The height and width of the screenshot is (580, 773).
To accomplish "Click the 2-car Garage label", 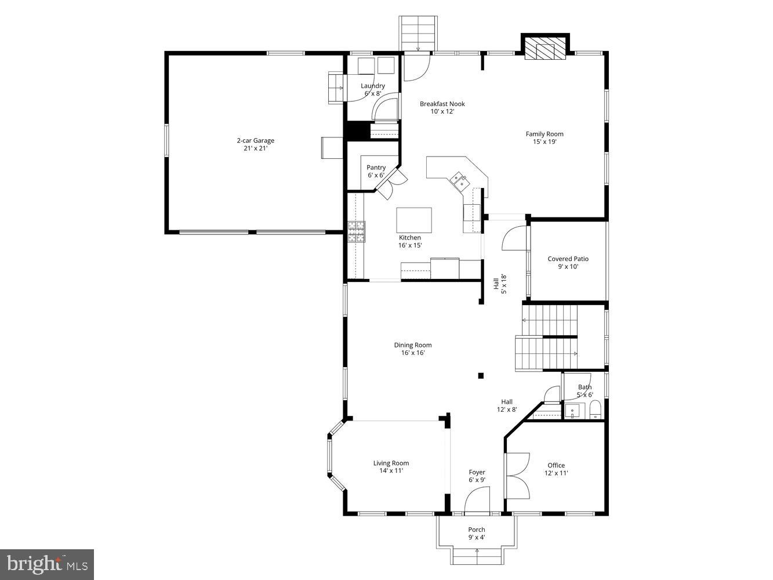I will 255,140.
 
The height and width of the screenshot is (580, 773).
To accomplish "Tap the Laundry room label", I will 373,86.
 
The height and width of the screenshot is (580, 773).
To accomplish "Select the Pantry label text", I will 376,168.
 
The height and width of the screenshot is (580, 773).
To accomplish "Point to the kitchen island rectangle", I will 414,220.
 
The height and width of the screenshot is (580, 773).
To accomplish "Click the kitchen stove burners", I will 356,231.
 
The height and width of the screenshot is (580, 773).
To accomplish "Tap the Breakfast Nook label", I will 442,104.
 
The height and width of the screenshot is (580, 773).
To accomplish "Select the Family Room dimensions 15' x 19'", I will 545,142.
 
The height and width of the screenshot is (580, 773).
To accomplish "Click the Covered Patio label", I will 568,259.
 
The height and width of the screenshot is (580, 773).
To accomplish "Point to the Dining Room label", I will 413,345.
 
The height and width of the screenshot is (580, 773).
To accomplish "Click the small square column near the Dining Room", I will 481,376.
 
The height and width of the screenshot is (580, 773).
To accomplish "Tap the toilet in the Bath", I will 595,412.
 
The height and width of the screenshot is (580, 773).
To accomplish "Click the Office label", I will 556,465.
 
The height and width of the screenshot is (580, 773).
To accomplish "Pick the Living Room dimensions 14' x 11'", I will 391,471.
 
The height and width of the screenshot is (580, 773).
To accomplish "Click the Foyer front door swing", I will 477,501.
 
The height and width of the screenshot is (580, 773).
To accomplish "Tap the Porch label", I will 477,530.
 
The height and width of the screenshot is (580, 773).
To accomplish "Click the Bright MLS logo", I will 47,564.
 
